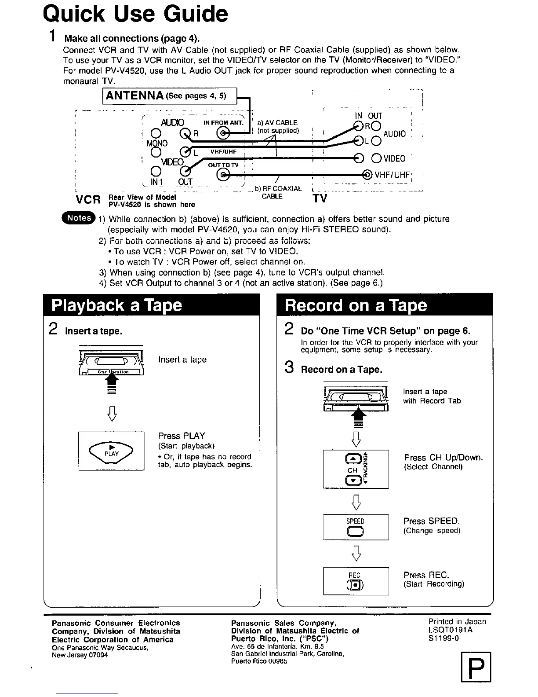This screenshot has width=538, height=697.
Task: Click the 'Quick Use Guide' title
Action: (135, 14)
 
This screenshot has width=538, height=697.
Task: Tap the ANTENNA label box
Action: (170, 96)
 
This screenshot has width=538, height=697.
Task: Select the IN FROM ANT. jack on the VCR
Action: (224, 133)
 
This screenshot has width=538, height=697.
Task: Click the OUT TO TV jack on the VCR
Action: (224, 175)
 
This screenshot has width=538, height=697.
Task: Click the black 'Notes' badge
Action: (79, 218)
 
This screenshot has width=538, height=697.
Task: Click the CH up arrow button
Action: (353, 459)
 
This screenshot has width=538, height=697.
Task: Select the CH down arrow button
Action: (353, 480)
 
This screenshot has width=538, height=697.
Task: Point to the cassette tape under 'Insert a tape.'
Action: (112, 363)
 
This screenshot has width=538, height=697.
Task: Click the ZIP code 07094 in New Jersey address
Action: (98, 655)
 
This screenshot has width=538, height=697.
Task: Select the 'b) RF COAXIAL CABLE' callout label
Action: (278, 192)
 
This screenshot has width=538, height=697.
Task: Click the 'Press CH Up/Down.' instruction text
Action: (443, 458)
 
